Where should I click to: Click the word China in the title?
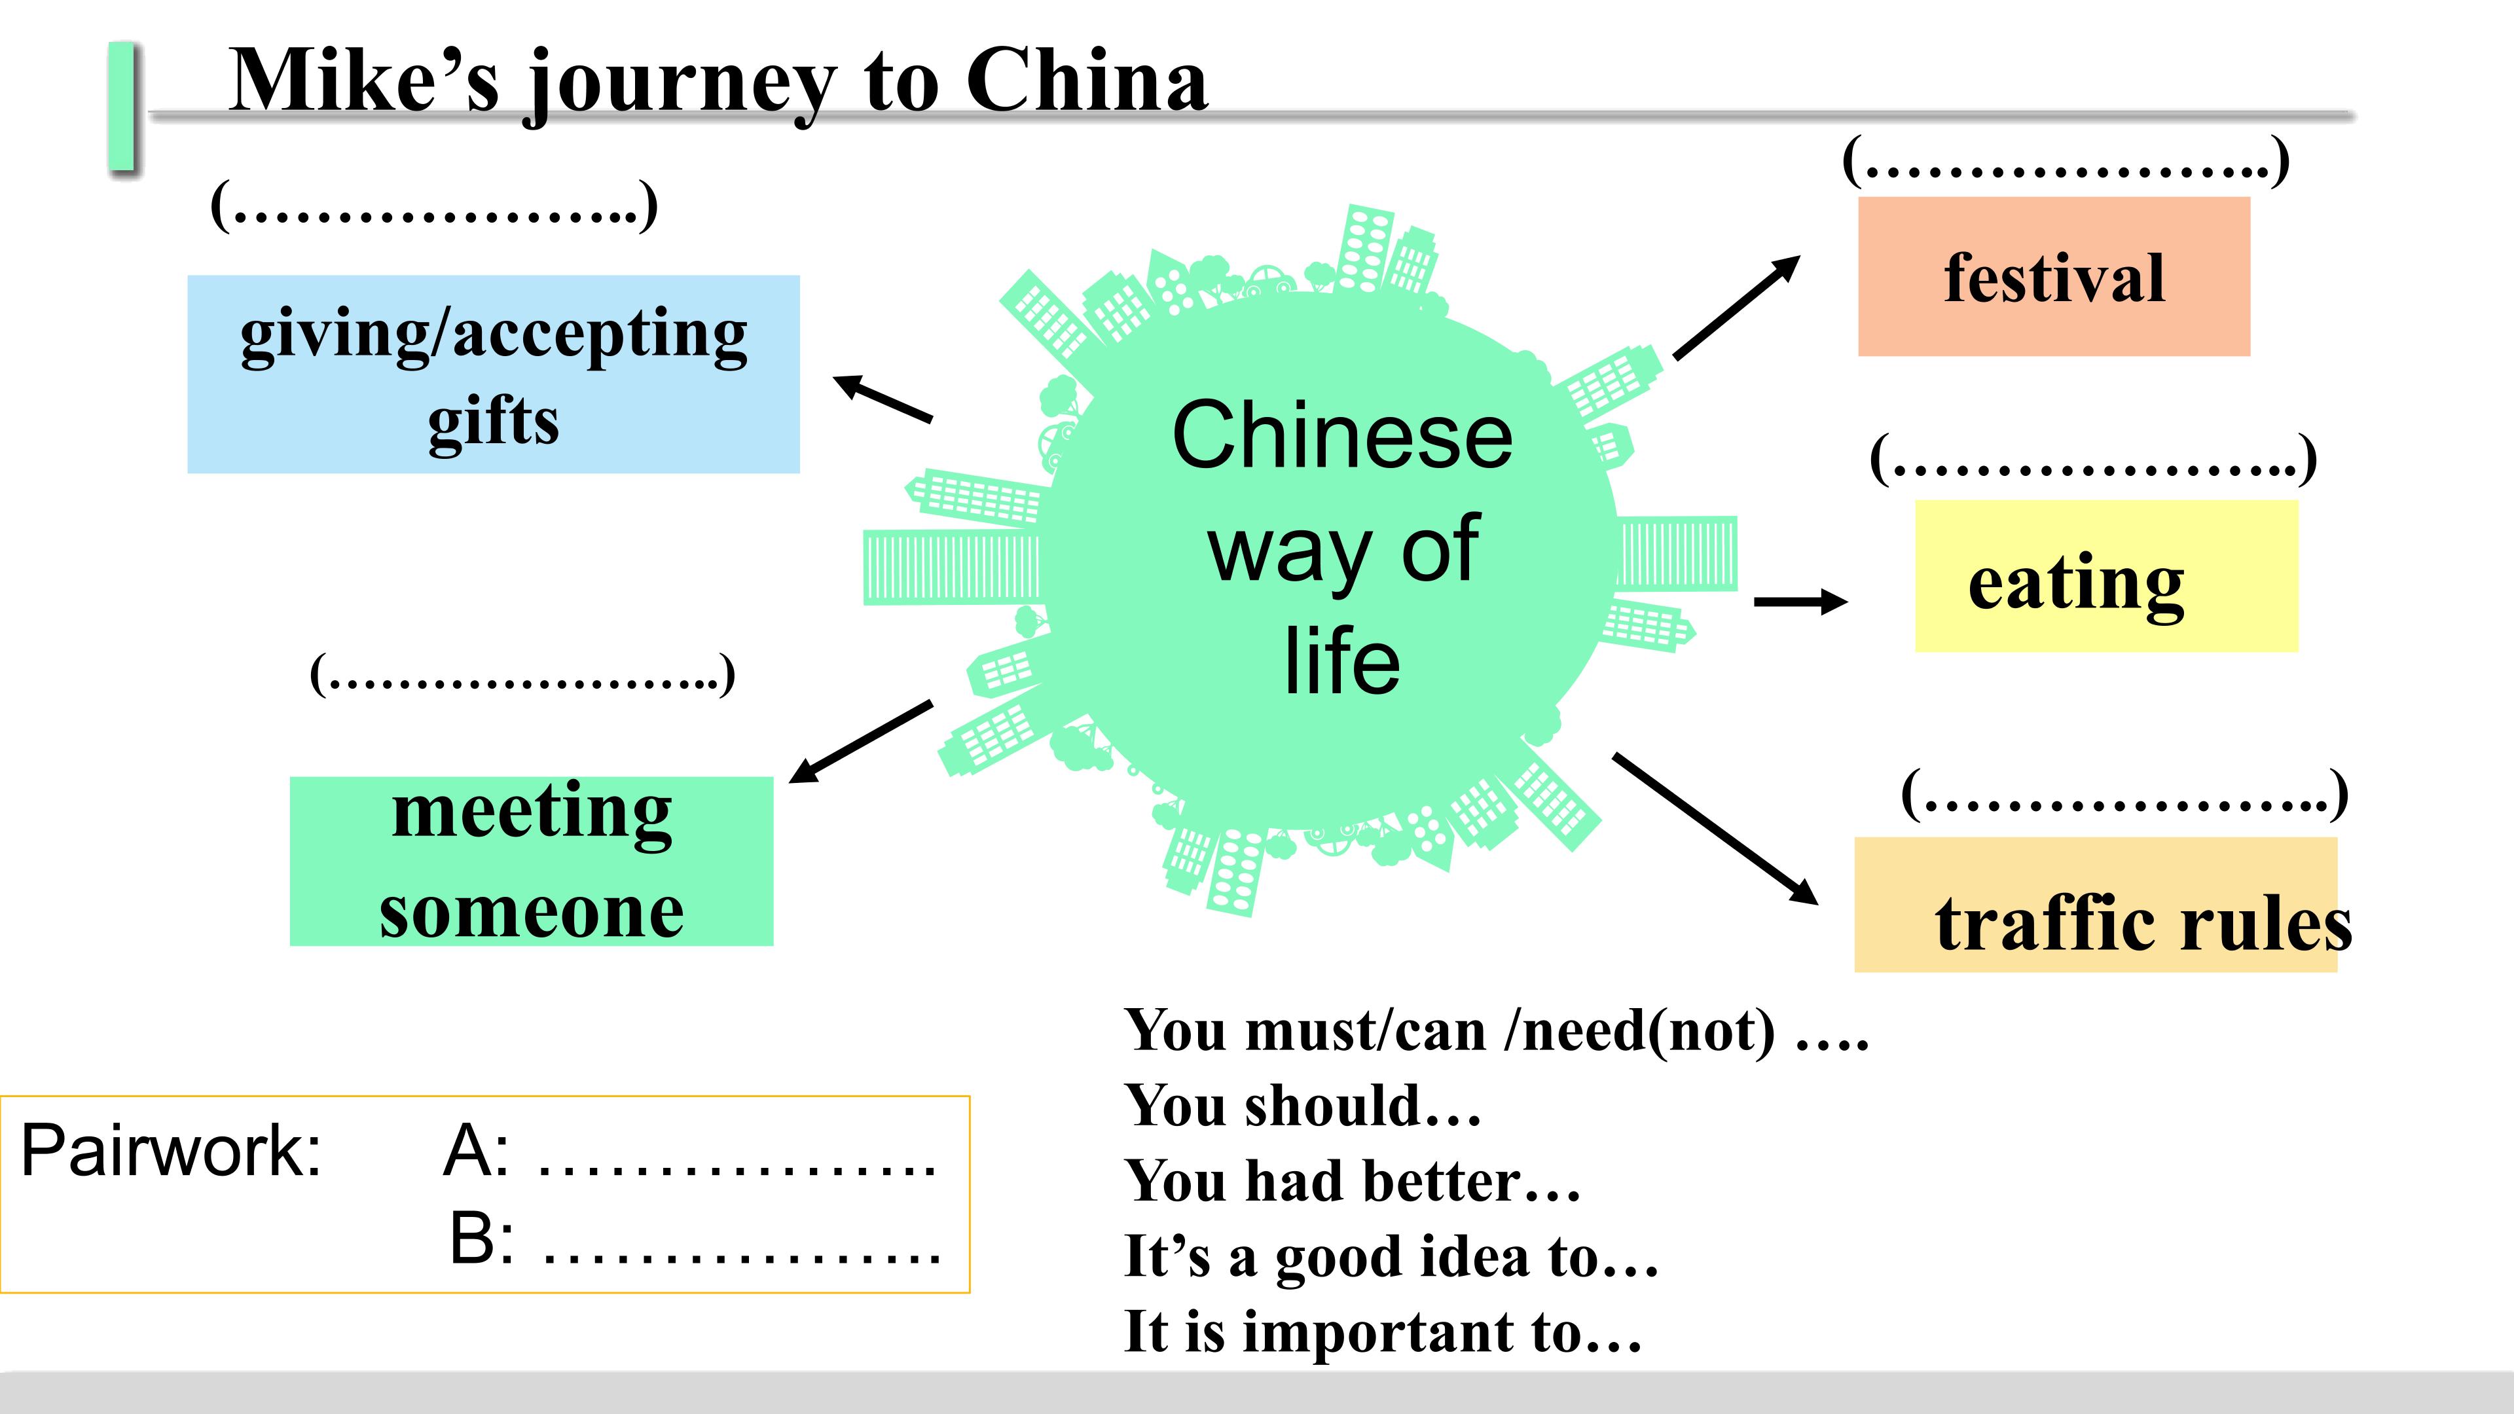coord(1087,81)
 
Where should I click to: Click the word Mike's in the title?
coord(364,81)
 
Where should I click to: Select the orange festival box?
coord(2053,276)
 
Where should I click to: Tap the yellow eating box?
coord(2106,576)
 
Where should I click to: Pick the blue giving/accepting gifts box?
coord(493,374)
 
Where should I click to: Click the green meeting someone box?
coord(531,861)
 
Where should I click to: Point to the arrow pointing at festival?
coord(1736,308)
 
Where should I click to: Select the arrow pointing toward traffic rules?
coord(1715,829)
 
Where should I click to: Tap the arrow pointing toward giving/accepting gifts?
coord(883,399)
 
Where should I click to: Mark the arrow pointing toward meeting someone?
coord(860,742)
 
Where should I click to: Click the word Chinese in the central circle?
coord(1342,435)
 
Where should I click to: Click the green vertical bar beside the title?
coord(122,106)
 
